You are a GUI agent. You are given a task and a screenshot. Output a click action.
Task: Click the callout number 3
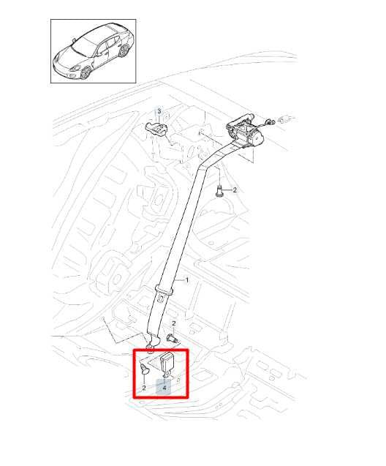[x=159, y=111]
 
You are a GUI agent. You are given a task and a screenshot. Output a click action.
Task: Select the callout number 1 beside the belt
[x=186, y=280]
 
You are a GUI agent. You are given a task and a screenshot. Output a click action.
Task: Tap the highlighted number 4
[x=164, y=388]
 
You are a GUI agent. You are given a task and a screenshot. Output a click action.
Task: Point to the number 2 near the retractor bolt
[x=235, y=190]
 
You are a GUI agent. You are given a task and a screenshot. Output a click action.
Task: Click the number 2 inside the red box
[x=144, y=388]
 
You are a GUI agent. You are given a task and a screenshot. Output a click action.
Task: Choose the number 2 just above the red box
[x=174, y=323]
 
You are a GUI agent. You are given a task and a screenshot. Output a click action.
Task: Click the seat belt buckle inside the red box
[x=167, y=366]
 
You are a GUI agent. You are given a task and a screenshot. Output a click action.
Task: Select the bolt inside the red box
[x=144, y=368]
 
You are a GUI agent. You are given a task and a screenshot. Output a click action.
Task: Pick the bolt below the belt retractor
[x=219, y=191]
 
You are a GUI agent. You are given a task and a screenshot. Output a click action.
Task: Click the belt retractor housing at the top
[x=244, y=131]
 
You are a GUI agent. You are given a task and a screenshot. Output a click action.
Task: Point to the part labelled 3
[x=156, y=129]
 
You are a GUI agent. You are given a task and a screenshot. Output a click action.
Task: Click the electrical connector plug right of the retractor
[x=270, y=121]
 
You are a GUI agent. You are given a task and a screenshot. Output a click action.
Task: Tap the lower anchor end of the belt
[x=152, y=344]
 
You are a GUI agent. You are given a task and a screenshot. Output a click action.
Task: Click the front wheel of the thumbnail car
[x=86, y=72]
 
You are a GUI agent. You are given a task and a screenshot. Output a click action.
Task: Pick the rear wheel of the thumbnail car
[x=124, y=50]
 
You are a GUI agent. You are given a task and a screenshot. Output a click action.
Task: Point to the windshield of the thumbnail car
[x=85, y=46]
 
